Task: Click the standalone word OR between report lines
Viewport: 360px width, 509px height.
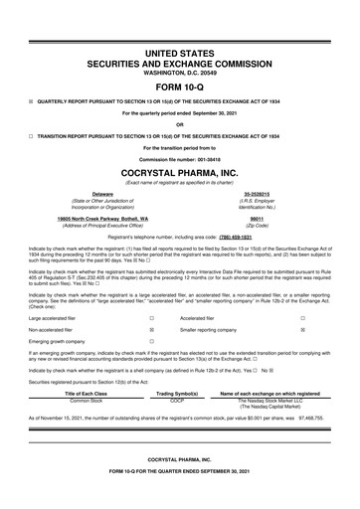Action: tap(180, 124)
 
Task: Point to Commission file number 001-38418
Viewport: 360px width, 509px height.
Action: tap(180, 162)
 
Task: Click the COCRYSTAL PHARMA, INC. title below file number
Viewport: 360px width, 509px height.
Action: tap(180, 175)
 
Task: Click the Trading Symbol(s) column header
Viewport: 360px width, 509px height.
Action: tap(178, 366)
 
